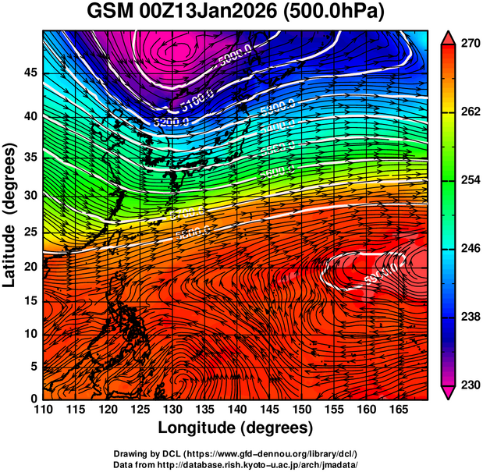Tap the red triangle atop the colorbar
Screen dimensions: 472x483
click(449, 37)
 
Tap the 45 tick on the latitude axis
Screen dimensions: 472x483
click(30, 72)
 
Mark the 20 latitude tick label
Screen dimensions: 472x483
click(30, 267)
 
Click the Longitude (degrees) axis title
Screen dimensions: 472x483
click(236, 428)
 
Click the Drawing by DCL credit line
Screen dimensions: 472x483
click(236, 453)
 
